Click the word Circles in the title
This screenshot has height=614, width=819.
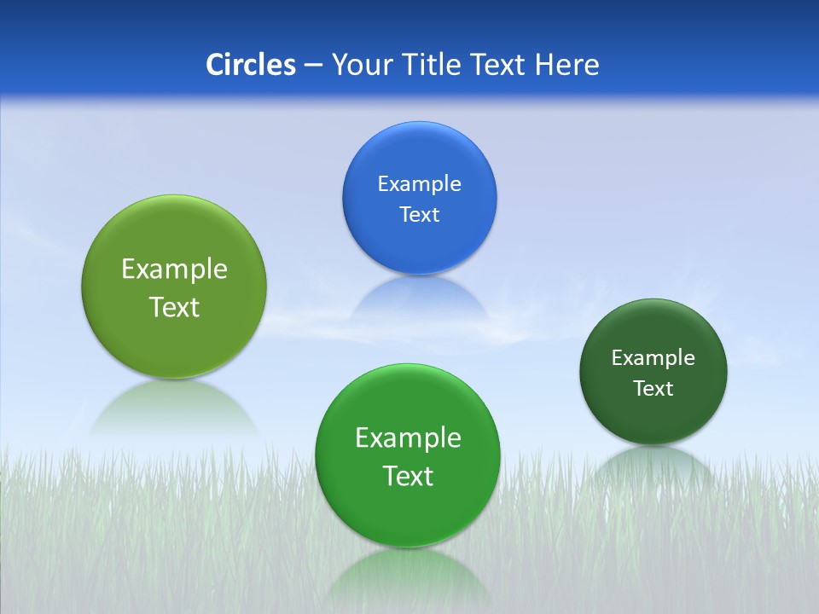[x=250, y=65]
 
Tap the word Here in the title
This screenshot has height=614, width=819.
[x=566, y=65]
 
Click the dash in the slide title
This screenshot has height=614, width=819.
[x=313, y=66]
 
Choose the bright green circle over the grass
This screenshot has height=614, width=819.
[x=407, y=512]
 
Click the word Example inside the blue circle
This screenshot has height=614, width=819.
[x=419, y=184]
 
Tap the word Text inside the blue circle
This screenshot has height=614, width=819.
[x=419, y=215]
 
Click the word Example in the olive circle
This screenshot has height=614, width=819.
[x=174, y=269]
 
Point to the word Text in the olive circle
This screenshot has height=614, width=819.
[x=174, y=307]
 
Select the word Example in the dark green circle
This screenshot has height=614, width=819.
[x=653, y=358]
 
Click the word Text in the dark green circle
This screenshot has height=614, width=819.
[x=653, y=389]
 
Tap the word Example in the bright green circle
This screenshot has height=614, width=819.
[x=408, y=438]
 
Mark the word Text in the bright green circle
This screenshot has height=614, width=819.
[x=408, y=476]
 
